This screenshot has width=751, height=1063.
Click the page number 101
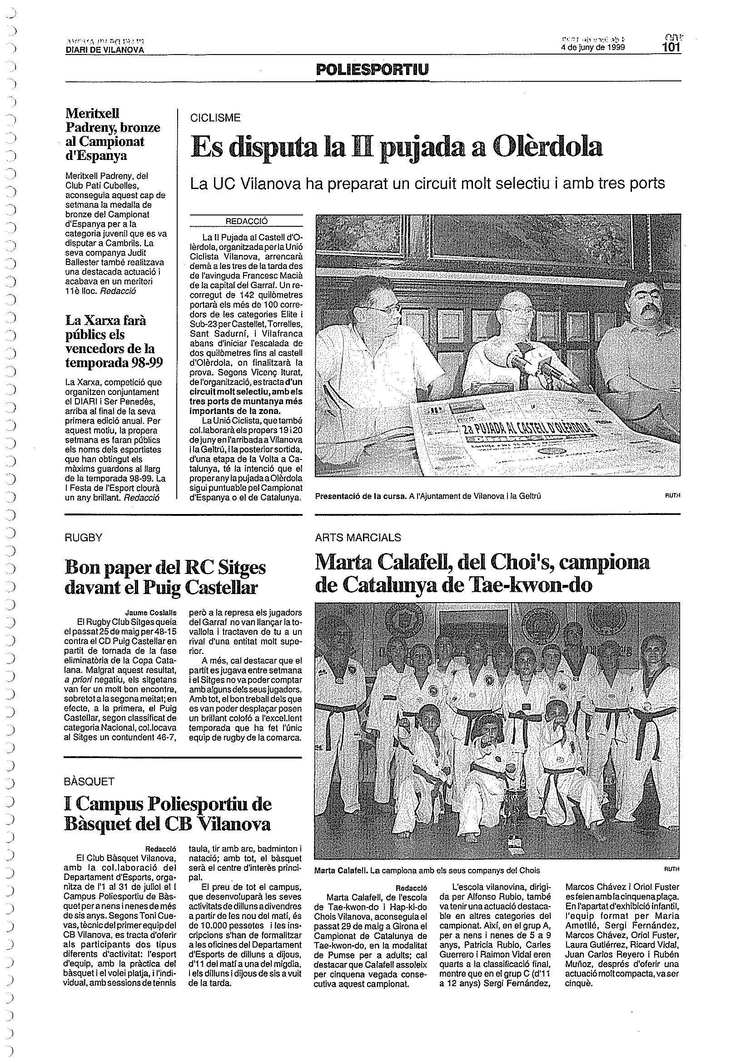coord(670,48)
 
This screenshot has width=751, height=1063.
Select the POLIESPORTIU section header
coord(372,70)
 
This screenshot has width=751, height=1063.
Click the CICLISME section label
coord(215,118)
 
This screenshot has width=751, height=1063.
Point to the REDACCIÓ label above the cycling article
coord(247,221)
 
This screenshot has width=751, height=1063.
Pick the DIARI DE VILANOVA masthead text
coord(104,50)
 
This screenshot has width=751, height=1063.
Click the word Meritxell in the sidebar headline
coord(92,113)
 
